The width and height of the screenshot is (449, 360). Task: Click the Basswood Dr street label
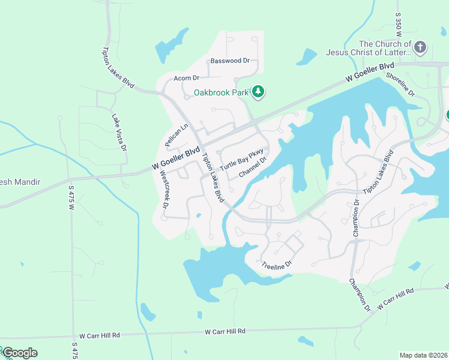[x=234, y=61]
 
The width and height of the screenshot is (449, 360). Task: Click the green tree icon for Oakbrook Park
[x=259, y=92]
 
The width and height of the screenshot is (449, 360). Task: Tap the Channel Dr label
[x=252, y=168]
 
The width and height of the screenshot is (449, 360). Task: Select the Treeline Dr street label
[x=276, y=263]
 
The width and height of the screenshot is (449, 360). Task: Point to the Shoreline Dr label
[x=400, y=85]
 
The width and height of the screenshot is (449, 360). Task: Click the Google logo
[x=19, y=353]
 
